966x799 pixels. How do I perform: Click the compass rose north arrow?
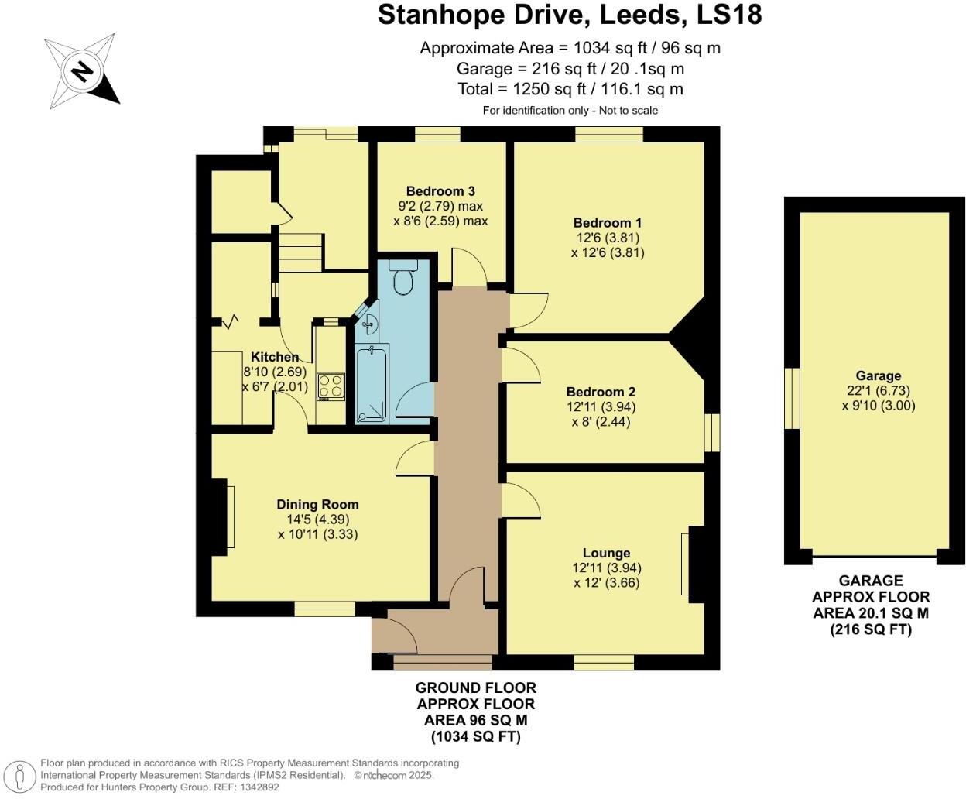pos(81,72)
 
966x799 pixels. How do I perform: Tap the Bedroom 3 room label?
pos(440,191)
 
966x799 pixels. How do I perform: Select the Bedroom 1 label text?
pos(608,223)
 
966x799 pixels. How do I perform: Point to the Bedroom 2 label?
pos(601,392)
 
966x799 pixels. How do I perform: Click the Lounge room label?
pos(606,553)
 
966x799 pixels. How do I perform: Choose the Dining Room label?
pos(317,504)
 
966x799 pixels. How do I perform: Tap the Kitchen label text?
pos(275,357)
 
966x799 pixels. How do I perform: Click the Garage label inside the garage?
pos(878,375)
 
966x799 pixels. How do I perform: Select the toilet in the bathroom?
pos(403,278)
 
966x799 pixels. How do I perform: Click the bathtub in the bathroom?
pos(372,385)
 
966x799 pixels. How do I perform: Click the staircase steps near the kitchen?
pos(300,252)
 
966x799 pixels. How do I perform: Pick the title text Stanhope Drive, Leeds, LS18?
pos(569,15)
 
